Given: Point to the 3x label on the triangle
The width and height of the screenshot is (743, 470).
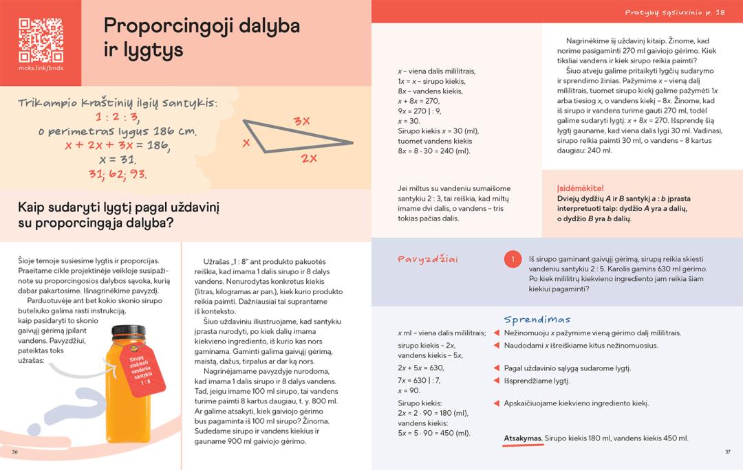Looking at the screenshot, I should point(301,122).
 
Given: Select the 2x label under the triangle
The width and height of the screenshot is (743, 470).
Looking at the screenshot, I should point(308,158).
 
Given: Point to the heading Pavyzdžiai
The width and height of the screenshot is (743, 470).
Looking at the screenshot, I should point(429,259).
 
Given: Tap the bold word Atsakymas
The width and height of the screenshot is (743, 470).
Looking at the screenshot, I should point(524,438).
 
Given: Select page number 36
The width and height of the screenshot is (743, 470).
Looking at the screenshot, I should point(15,451).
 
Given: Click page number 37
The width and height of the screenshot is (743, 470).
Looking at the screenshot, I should point(727,451).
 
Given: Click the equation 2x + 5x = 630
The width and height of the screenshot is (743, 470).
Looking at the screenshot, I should point(420,368).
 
